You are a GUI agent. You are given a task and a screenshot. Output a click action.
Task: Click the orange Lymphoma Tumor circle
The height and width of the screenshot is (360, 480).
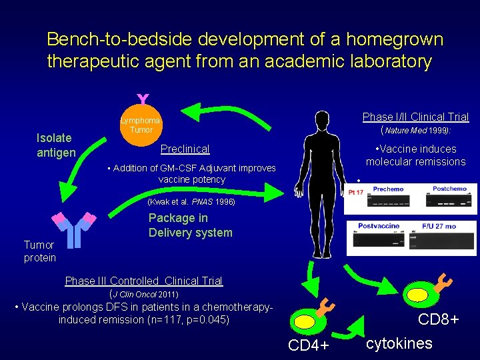click(141, 125)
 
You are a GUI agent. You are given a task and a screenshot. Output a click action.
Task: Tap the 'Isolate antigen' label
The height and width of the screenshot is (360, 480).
click(56, 145)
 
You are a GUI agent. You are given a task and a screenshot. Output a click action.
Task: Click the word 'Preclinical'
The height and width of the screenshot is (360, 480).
click(185, 149)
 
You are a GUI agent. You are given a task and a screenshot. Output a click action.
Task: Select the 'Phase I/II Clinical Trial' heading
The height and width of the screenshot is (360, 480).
click(415, 117)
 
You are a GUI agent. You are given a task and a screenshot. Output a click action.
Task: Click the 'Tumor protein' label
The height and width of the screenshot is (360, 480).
click(40, 251)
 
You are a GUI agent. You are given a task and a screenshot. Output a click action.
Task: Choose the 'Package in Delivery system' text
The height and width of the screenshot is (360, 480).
click(191, 225)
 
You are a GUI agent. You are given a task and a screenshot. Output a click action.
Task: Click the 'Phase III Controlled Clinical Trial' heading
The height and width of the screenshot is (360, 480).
click(143, 281)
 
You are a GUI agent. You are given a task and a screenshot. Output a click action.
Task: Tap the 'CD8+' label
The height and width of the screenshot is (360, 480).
click(438, 320)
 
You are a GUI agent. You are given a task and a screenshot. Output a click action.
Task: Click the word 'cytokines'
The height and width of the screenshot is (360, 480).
click(399, 343)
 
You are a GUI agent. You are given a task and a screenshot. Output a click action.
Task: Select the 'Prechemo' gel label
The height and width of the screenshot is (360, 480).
click(388, 189)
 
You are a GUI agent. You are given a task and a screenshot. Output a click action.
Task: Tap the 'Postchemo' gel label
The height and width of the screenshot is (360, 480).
click(449, 189)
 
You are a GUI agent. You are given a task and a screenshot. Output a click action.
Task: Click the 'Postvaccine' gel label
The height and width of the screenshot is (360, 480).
click(378, 226)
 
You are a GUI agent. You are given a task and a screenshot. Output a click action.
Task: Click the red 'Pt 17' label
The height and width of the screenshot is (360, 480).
click(356, 193)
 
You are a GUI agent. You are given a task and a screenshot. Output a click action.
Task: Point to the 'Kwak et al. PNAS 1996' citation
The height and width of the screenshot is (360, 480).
click(191, 201)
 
